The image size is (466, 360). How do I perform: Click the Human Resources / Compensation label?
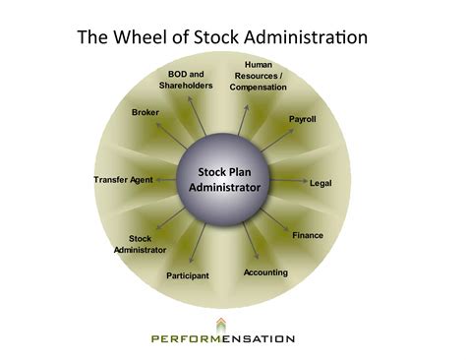tap(258, 76)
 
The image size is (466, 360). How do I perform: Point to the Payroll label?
tap(302, 119)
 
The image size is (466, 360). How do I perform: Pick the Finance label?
tap(308, 235)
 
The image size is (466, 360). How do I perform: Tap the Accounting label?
tap(265, 271)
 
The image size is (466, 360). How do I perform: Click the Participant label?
tap(187, 275)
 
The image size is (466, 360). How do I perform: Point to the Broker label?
tap(146, 113)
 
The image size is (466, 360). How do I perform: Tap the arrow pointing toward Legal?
tap(287, 182)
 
